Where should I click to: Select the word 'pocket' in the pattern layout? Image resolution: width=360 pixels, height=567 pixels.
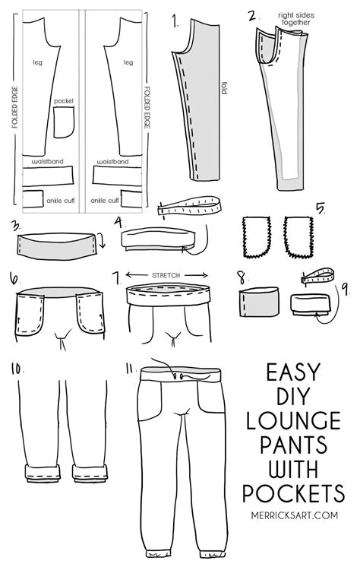point(63,100)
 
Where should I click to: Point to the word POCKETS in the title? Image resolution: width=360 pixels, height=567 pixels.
point(298,496)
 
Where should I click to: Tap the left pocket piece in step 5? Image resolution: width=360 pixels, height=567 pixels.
point(256,235)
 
